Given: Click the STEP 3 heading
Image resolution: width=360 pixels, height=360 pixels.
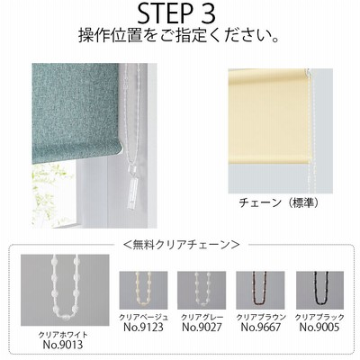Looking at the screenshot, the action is coord(176,13).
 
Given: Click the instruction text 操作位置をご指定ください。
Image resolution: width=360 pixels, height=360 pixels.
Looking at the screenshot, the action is coord(179,36).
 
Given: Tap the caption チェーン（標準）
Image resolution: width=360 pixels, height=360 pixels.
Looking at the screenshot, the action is coord(279,203).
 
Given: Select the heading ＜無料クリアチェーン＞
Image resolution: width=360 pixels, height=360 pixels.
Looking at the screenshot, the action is coord(181,245).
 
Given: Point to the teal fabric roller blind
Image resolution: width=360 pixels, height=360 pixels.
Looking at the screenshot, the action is coord(76,112).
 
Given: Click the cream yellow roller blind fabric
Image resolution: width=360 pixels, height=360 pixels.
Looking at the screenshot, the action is coord(268,116).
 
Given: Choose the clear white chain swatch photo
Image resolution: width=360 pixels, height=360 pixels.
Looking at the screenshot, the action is coord(65,290).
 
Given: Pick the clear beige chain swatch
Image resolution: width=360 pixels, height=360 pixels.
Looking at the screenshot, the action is coord(143,291).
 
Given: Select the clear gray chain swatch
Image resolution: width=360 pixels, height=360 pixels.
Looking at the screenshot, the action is coord(202,291).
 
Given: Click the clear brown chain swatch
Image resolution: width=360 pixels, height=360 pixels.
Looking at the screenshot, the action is coord(260,291).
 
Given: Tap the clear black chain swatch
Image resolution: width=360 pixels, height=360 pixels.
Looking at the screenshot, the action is coord(319,291).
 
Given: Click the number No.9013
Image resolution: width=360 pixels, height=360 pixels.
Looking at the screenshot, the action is coord(63,345).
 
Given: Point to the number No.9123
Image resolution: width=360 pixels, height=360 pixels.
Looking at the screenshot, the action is coord(143,327).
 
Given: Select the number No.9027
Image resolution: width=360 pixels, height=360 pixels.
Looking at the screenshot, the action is coord(202,327).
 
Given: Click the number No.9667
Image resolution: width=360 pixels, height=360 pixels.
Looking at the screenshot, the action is coord(261,327).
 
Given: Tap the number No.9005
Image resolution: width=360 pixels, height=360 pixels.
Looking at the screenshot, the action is coord(319,327).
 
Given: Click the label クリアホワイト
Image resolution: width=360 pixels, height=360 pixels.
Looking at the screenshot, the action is coord(63,335).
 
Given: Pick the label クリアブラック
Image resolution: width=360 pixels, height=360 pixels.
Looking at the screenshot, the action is coord(319,317).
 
